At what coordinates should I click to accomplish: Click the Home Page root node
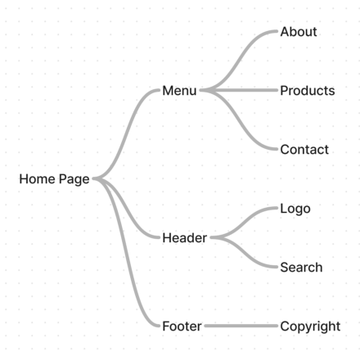coord(54,179)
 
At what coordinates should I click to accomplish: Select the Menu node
coord(179,91)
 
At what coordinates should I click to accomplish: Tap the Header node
coord(185,238)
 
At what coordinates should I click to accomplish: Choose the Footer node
coord(182,326)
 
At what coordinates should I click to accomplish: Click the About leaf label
coord(299,32)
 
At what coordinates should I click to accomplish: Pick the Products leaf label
coord(308,91)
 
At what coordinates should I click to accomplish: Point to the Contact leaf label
coord(304,150)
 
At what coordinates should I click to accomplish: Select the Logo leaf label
coord(295,209)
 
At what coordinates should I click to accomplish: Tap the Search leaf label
coord(301,268)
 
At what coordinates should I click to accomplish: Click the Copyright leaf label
coord(310,326)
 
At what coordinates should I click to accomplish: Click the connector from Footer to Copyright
coord(241,326)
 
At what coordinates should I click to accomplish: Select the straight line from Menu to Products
coord(239,90)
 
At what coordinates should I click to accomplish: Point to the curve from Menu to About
coord(239,61)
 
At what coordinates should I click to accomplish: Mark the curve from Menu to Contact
coord(239,119)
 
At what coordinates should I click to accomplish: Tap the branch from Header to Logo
coord(244,223)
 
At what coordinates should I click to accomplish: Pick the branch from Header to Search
coord(244,252)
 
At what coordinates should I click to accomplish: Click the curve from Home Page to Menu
coord(126,134)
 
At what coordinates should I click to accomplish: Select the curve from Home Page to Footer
coord(126,252)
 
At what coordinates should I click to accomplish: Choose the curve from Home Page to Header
coord(126,208)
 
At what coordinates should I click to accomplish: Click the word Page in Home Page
coord(74,180)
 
